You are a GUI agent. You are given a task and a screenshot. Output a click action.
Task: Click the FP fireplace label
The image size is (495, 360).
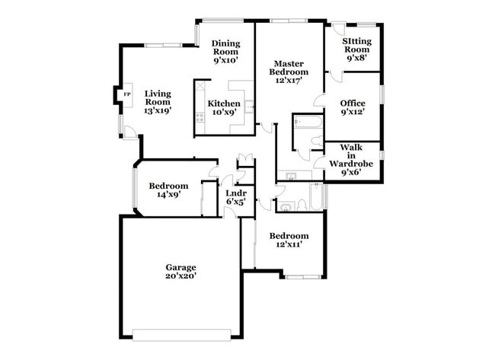pos(126,94)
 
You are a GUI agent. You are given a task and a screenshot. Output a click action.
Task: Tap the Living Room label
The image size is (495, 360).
pos(157,97)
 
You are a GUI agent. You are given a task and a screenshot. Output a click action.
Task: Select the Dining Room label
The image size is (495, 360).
pos(226,47)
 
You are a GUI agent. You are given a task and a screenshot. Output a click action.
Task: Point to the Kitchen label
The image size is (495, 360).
pos(224,104)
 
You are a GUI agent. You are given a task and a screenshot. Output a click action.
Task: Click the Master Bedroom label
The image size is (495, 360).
pos(291,68)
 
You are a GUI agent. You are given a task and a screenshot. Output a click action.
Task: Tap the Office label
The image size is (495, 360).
pos(353,104)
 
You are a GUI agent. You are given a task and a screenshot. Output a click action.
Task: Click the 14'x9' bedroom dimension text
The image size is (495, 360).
pos(168,195)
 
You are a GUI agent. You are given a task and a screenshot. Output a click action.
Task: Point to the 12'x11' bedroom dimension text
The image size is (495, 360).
pos(289,244)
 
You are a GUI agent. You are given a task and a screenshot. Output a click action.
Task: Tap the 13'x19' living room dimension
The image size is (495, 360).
pos(157,110)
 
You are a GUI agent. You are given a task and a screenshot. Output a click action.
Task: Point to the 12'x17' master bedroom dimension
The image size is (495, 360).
pos(291,81)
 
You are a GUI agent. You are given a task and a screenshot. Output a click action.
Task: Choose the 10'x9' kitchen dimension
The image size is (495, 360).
pos(224,113)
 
